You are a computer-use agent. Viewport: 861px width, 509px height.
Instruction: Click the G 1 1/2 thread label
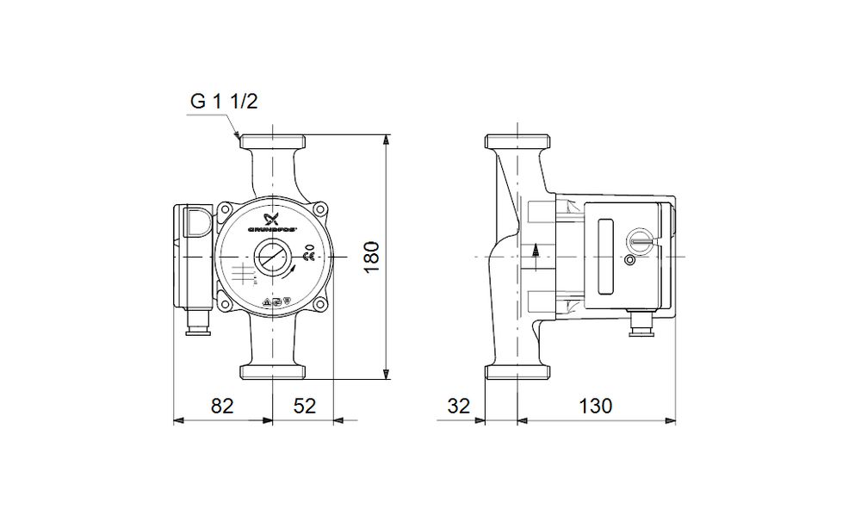[224, 102]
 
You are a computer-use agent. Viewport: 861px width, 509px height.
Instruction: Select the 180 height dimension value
[371, 257]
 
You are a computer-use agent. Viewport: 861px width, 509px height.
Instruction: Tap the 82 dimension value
[223, 406]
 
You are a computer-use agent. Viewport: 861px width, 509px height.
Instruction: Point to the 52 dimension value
[304, 406]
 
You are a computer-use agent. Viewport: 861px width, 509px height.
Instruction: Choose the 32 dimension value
[460, 406]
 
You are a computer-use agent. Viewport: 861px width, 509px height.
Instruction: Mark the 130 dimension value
[595, 406]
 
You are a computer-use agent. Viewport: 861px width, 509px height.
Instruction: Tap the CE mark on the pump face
[309, 256]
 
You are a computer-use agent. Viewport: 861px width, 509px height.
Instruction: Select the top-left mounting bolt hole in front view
[226, 209]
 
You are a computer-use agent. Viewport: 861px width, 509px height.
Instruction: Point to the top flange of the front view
[271, 141]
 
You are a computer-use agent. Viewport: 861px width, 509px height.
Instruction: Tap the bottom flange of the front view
[271, 371]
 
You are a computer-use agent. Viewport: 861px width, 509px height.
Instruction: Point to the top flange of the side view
[517, 141]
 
